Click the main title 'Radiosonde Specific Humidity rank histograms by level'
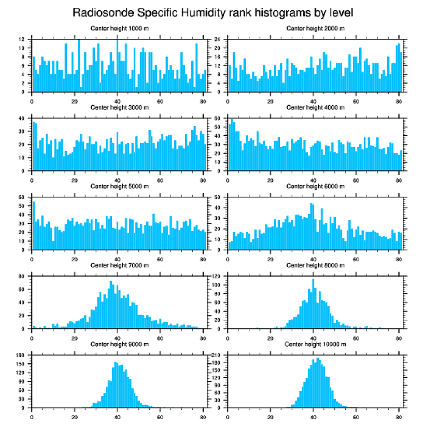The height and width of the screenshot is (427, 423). click(213, 12)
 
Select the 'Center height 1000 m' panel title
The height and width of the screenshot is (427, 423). click(119, 29)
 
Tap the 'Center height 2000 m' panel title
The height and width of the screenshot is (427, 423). click(315, 29)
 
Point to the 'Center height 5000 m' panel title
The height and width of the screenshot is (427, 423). click(119, 187)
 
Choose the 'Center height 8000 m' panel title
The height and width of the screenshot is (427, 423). click(315, 265)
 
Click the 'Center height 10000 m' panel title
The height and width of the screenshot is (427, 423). click(315, 344)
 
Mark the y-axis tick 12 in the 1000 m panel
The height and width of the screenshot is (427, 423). click(22, 39)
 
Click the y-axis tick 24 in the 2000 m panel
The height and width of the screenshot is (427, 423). click(218, 39)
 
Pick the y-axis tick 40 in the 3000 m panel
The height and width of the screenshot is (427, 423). click(22, 118)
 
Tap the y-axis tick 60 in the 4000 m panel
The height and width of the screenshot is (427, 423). click(218, 118)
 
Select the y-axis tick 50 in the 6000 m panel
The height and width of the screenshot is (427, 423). click(218, 197)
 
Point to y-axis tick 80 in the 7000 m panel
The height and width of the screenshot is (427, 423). click(22, 276)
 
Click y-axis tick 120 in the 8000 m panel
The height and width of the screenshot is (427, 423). click(217, 276)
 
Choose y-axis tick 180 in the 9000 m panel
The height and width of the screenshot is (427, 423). click(21, 355)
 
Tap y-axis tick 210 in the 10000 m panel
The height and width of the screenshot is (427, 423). click(217, 355)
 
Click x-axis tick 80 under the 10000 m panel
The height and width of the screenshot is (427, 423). click(399, 416)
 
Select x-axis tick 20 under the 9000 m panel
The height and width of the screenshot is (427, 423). click(75, 416)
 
